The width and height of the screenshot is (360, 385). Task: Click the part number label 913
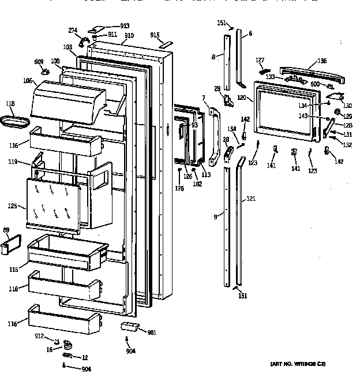pyautogui.click(x=125, y=26)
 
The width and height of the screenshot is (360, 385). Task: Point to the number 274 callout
pyautogui.click(x=73, y=30)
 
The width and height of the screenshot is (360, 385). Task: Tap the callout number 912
pyautogui.click(x=39, y=335)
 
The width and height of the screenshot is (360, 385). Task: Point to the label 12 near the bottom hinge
pyautogui.click(x=84, y=357)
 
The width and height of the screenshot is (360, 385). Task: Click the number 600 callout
pyautogui.click(x=315, y=84)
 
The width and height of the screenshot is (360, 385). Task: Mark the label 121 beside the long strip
pyautogui.click(x=250, y=199)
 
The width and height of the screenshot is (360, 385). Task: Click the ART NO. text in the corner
pyautogui.click(x=298, y=364)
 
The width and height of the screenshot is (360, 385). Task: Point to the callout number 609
pyautogui.click(x=39, y=61)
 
